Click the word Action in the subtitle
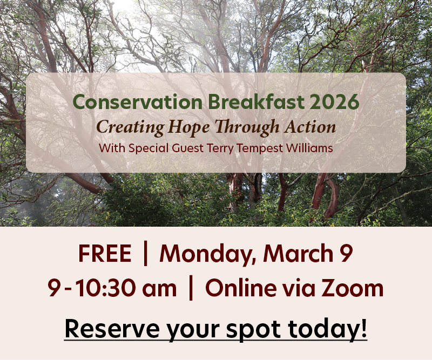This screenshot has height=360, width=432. click(308, 127)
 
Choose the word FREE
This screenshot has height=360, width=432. click(104, 254)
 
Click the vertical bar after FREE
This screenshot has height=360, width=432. click(145, 254)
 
